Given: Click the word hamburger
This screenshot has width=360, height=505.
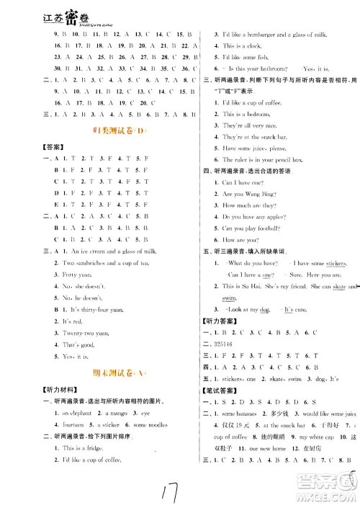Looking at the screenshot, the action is pos(271,35).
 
